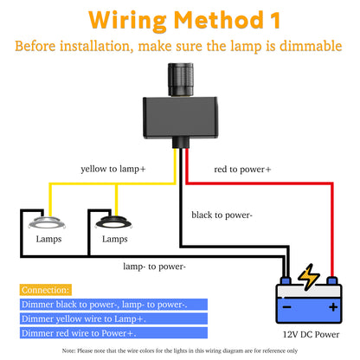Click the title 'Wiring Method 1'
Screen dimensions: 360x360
click(x=180, y=19)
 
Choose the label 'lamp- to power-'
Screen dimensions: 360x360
click(x=153, y=267)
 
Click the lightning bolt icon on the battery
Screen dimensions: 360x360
click(x=309, y=279)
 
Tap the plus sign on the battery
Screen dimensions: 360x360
click(x=332, y=306)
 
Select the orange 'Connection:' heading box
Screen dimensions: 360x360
click(x=45, y=290)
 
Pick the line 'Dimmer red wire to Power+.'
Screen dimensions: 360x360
click(x=70, y=332)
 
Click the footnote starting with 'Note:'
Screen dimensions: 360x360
click(x=180, y=350)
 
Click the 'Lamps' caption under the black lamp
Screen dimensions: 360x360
click(x=115, y=239)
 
